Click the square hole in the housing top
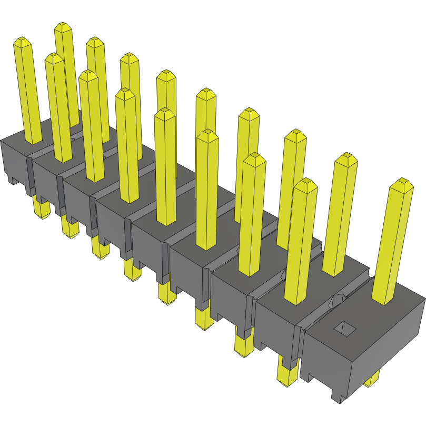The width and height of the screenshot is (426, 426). (345, 329)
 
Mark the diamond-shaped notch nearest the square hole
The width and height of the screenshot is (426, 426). (335, 302)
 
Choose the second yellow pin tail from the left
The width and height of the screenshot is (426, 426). (69, 227)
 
